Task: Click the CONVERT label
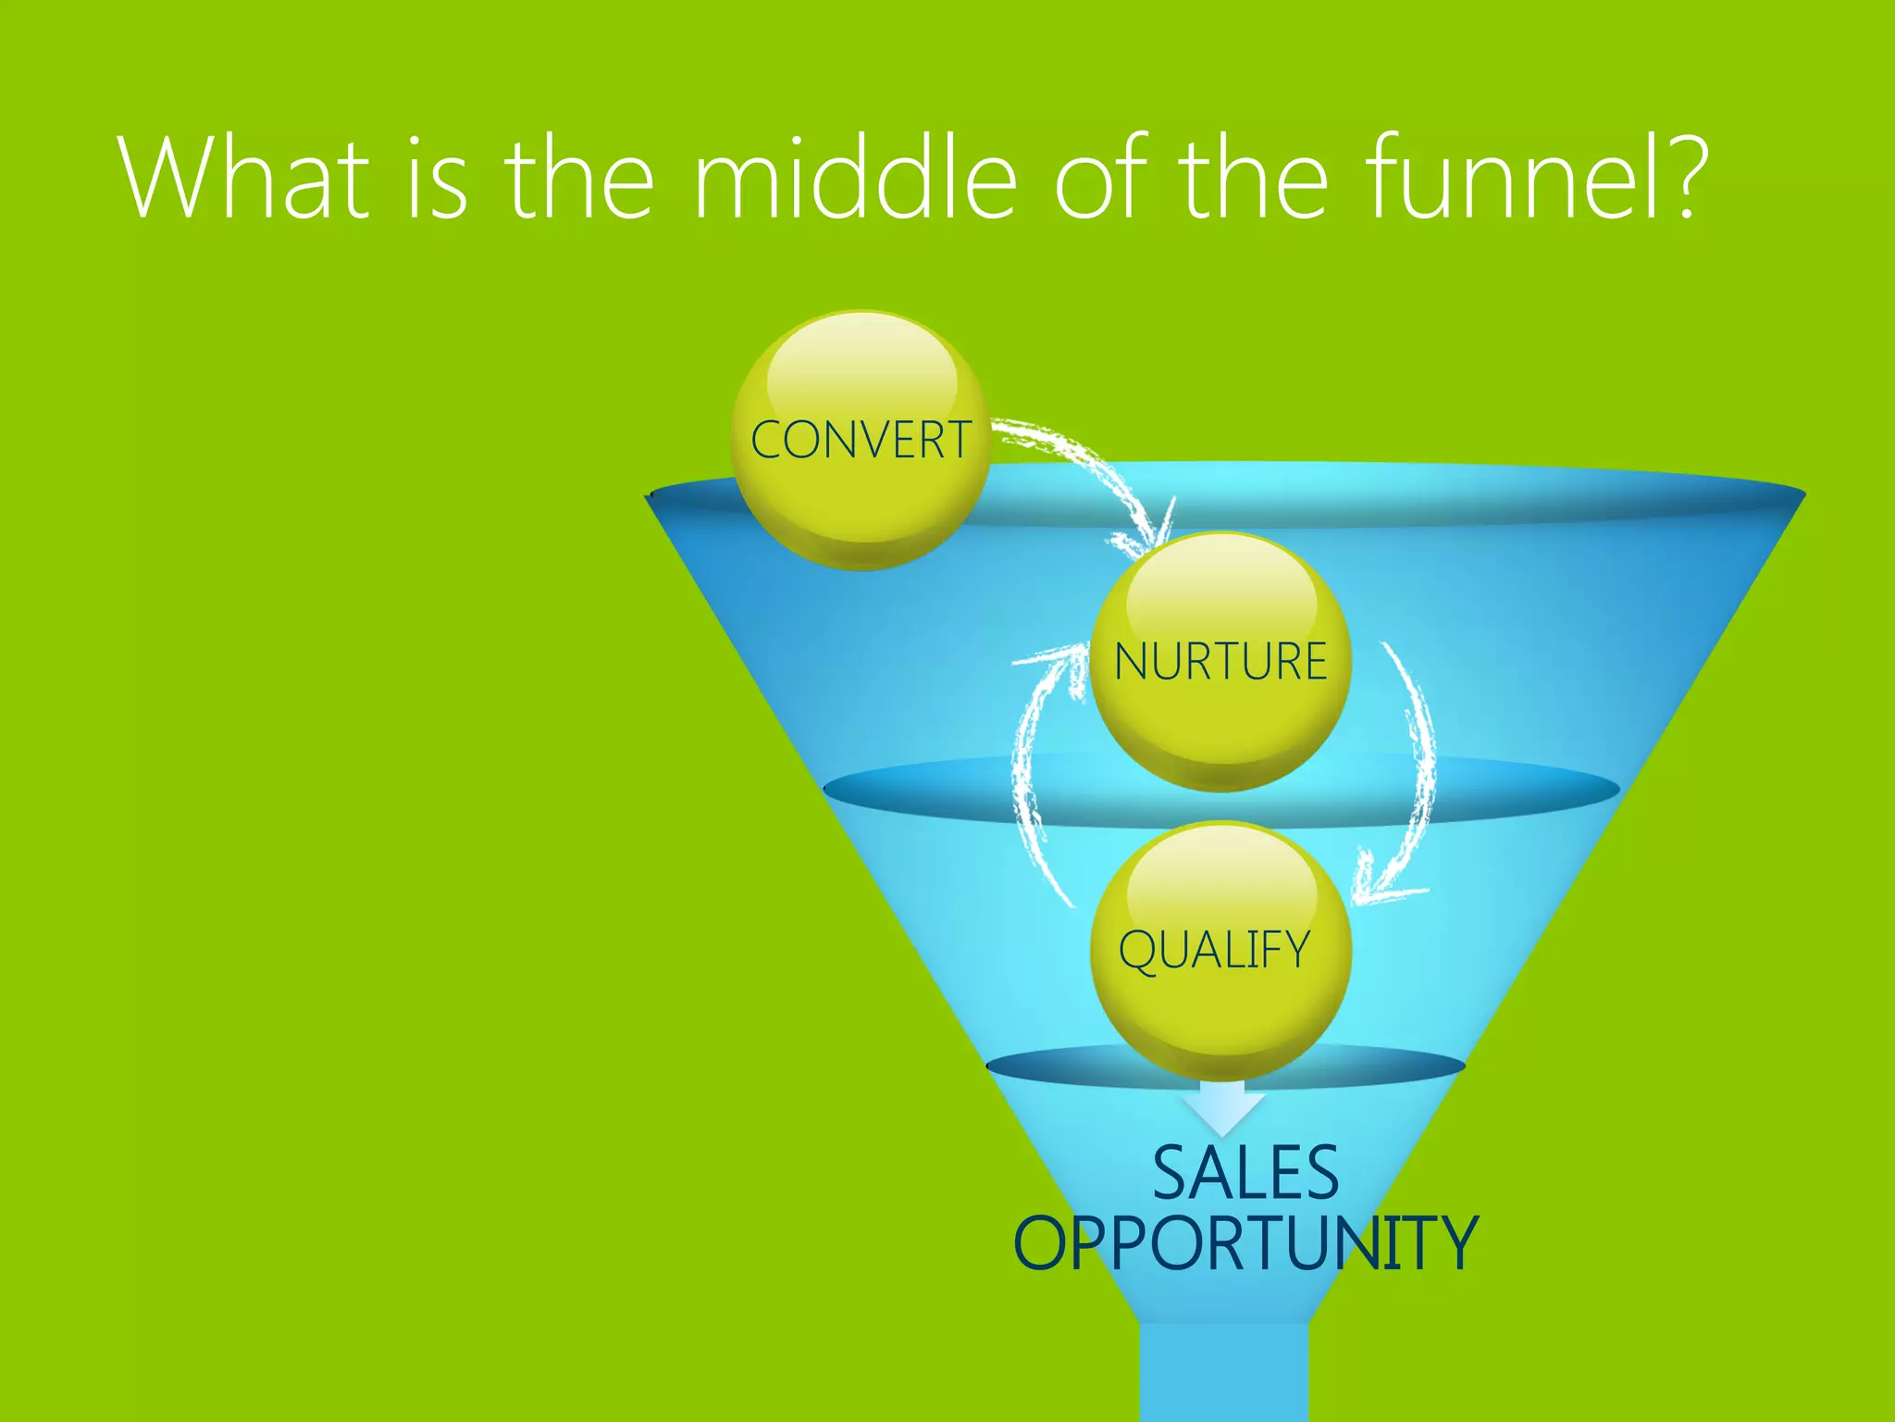pos(861,440)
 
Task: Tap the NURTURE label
pos(1220,662)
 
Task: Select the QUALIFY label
pos(1214,951)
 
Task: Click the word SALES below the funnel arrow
pos(1245,1173)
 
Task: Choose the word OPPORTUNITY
pos(1245,1243)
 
